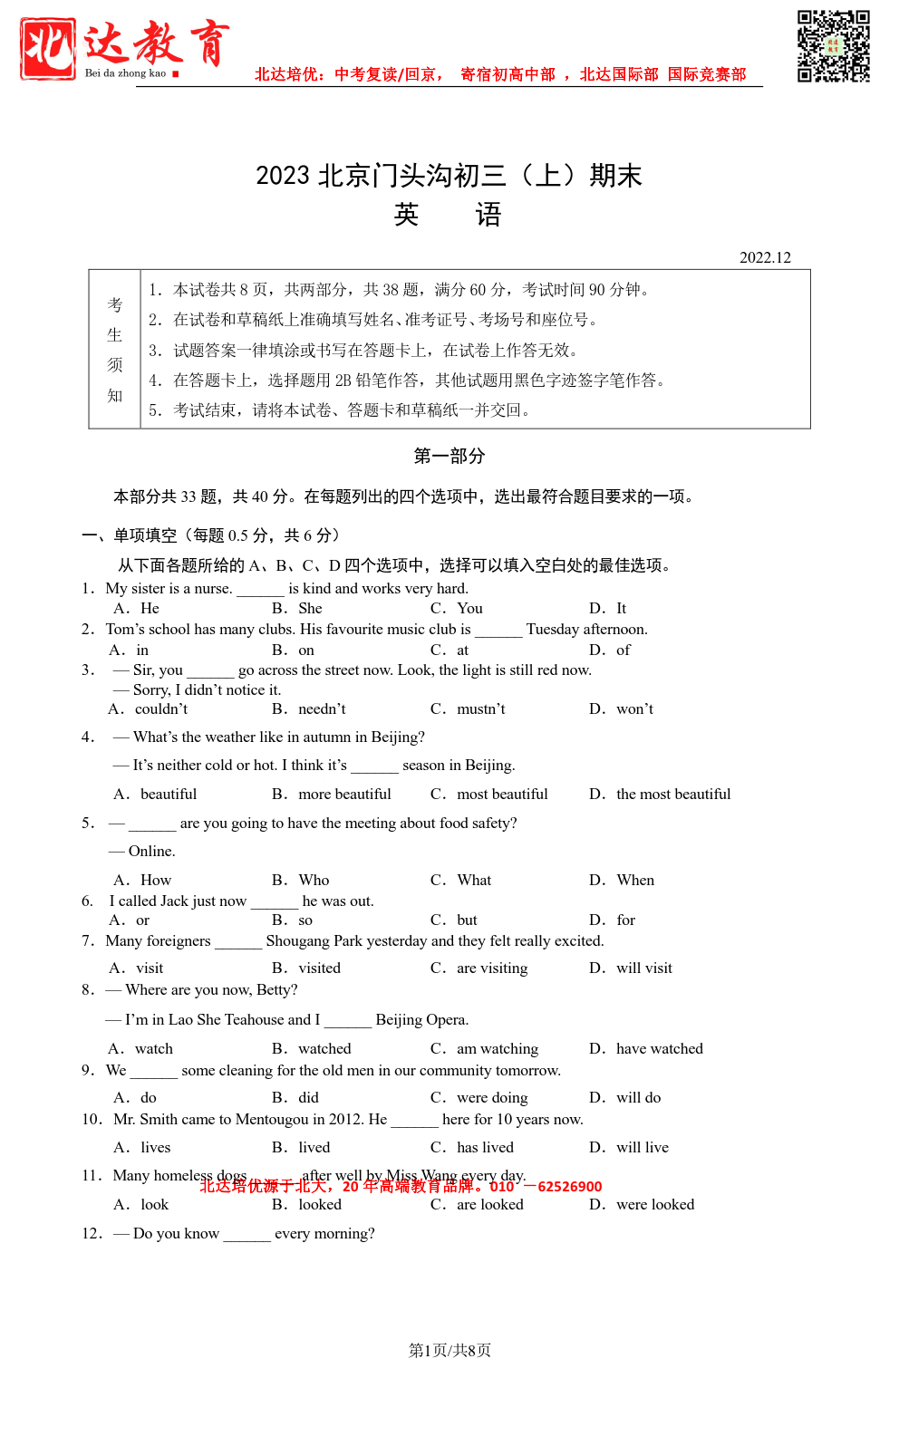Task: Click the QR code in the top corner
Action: coord(833,46)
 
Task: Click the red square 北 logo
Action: coord(48,49)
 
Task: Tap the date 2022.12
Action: coord(765,257)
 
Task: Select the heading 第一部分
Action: coord(449,456)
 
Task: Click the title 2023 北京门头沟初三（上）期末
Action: coord(449,175)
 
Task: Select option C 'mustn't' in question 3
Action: coord(480,708)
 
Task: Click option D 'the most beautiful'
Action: coord(672,794)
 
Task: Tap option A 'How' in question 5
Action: coord(155,880)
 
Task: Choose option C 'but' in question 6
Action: coord(467,920)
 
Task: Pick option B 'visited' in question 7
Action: coord(319,968)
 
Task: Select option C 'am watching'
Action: coord(497,1048)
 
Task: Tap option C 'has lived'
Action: coord(485,1147)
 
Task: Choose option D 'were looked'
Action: coord(654,1204)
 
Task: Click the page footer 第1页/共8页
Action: coord(449,1350)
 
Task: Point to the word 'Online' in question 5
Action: coord(151,851)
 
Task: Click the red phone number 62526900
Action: coord(569,1187)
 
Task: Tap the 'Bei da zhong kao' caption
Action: coord(125,73)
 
